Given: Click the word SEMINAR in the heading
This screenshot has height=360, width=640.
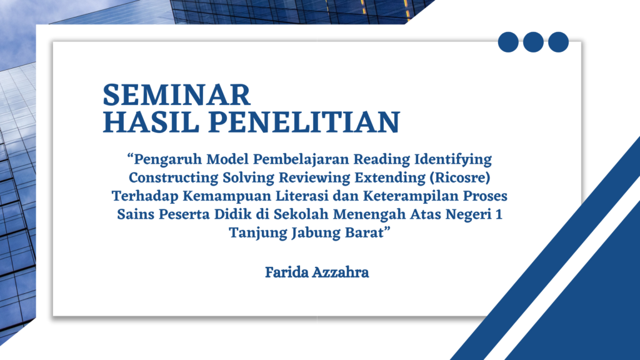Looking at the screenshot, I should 176,95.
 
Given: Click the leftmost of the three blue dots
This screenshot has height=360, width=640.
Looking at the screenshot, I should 509,42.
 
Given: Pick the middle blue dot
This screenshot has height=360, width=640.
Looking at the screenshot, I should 533,42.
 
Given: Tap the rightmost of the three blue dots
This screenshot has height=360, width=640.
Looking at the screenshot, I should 558,42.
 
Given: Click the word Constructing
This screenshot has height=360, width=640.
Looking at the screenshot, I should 166,177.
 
